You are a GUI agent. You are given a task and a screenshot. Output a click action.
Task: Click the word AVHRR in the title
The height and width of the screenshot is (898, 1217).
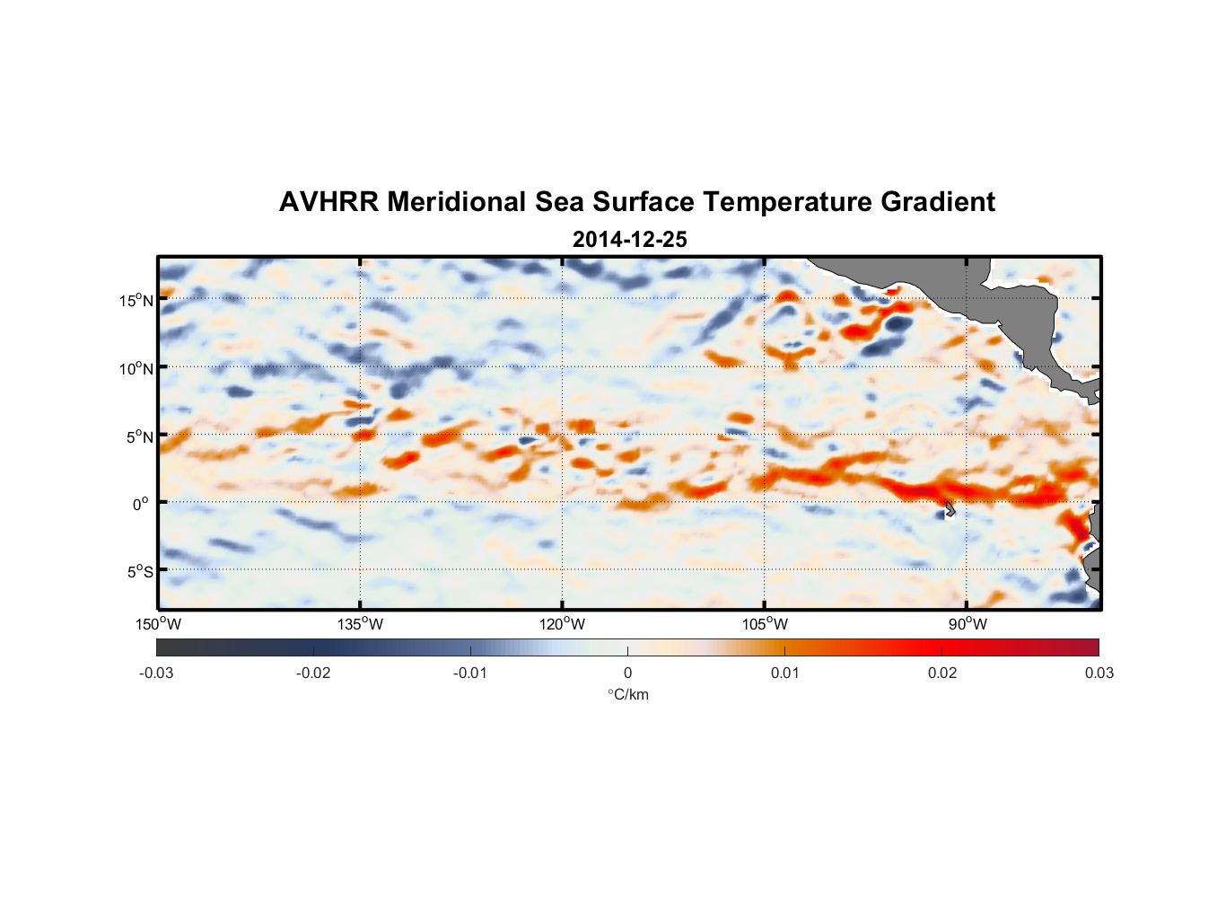coord(328,202)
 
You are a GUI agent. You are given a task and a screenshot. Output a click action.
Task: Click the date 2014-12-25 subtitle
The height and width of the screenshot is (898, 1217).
coord(629,240)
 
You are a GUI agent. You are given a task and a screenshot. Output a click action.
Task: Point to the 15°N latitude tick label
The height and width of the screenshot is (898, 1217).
coord(136,301)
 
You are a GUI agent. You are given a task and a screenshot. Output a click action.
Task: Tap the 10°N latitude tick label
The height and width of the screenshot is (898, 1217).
coord(136,369)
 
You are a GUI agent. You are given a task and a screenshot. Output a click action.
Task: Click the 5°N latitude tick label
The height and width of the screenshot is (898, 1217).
coord(138,437)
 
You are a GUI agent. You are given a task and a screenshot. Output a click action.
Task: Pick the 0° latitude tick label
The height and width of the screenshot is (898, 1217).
coord(141,505)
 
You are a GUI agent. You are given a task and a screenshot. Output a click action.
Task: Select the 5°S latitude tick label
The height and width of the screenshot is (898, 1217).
coord(139,572)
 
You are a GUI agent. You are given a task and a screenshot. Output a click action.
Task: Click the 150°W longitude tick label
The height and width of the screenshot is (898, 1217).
coord(158,624)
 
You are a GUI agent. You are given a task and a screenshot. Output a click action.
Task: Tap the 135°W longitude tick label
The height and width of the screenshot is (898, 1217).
coord(360,624)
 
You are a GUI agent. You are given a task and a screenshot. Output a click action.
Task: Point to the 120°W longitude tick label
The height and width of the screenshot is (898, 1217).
coord(562,624)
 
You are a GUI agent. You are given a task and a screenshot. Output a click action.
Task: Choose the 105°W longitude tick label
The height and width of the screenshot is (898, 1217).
coord(764,624)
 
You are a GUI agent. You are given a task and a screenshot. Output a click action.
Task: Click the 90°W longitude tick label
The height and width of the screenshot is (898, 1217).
coord(967,624)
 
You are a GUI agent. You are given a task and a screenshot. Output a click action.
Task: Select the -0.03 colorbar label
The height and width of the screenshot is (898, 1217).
coord(156,673)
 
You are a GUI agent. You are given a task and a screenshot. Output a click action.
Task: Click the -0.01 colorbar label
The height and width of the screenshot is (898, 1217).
coord(470,673)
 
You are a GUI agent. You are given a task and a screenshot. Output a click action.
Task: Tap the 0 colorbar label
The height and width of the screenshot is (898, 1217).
coord(627,673)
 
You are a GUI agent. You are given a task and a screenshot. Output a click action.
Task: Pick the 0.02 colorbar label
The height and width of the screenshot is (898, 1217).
coord(941,673)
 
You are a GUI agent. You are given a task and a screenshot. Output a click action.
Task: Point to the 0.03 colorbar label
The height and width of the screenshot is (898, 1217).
coord(1099,673)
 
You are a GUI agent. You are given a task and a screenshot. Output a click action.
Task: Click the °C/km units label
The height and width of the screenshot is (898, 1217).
coord(627,694)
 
